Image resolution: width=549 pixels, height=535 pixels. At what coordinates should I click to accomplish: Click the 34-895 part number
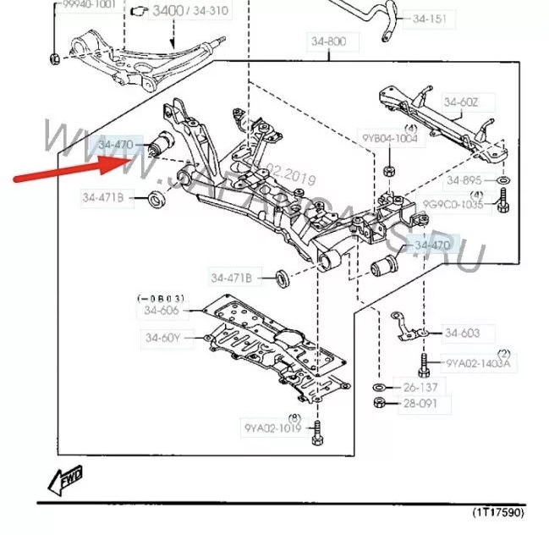[464, 180]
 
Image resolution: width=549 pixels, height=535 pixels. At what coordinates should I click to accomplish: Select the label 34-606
[161, 311]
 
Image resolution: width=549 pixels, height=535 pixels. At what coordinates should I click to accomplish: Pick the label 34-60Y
[162, 339]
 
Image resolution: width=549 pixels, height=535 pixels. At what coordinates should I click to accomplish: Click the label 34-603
[462, 333]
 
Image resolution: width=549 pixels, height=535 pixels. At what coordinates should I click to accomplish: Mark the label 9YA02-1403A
[479, 364]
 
